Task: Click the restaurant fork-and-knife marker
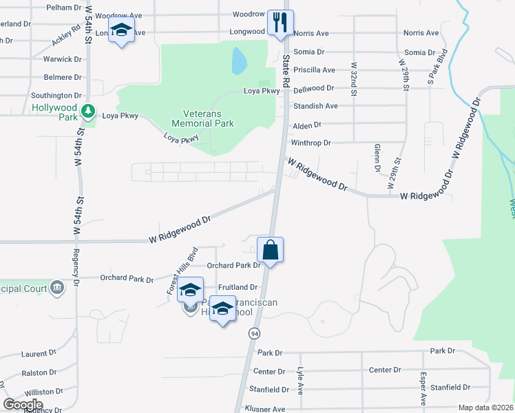click(x=280, y=23)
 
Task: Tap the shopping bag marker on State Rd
click(x=271, y=250)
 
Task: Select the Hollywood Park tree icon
click(x=87, y=109)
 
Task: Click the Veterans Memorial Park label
click(x=208, y=118)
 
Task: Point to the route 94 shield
click(x=255, y=333)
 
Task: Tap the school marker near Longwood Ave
click(x=122, y=32)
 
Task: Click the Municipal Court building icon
click(x=58, y=287)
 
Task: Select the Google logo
click(x=23, y=405)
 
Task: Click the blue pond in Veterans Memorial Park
click(x=239, y=61)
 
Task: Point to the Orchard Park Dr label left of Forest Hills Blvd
click(x=127, y=279)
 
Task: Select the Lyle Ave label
click(x=299, y=381)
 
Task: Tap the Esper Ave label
click(x=423, y=389)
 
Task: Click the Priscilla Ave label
click(x=314, y=70)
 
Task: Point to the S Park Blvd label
click(x=434, y=67)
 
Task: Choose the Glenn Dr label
click(x=377, y=158)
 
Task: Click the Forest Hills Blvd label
click(x=182, y=271)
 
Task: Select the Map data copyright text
click(x=485, y=407)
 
